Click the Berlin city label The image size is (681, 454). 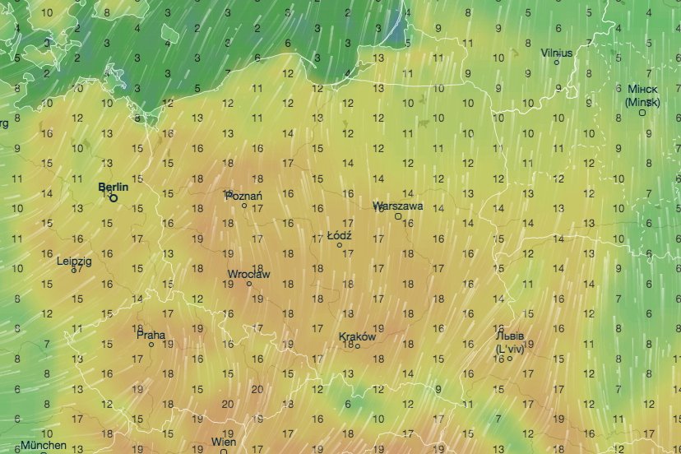pyautogui.click(x=113, y=188)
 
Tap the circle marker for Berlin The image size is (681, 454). pyautogui.click(x=113, y=197)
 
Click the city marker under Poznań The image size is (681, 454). pyautogui.click(x=244, y=206)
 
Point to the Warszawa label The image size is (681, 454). pyautogui.click(x=397, y=206)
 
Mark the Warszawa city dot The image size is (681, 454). pyautogui.click(x=398, y=216)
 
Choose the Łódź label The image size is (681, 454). pyautogui.click(x=340, y=235)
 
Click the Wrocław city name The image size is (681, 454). pyautogui.click(x=249, y=275)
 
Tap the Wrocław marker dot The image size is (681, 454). pyautogui.click(x=249, y=284)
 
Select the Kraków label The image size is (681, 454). pyautogui.click(x=357, y=336)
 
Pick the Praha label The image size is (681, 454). pyautogui.click(x=151, y=335)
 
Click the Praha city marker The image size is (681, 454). pyautogui.click(x=151, y=345)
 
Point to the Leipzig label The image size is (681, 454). pyautogui.click(x=74, y=261)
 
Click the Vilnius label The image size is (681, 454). pyautogui.click(x=557, y=53)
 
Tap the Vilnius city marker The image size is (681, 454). pyautogui.click(x=557, y=62)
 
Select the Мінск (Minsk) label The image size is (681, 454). pyautogui.click(x=642, y=95)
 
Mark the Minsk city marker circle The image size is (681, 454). pyautogui.click(x=642, y=113)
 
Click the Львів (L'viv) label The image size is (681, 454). pyautogui.click(x=510, y=342)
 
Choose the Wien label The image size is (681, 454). pyautogui.click(x=224, y=442)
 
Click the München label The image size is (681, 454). pyautogui.click(x=44, y=446)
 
